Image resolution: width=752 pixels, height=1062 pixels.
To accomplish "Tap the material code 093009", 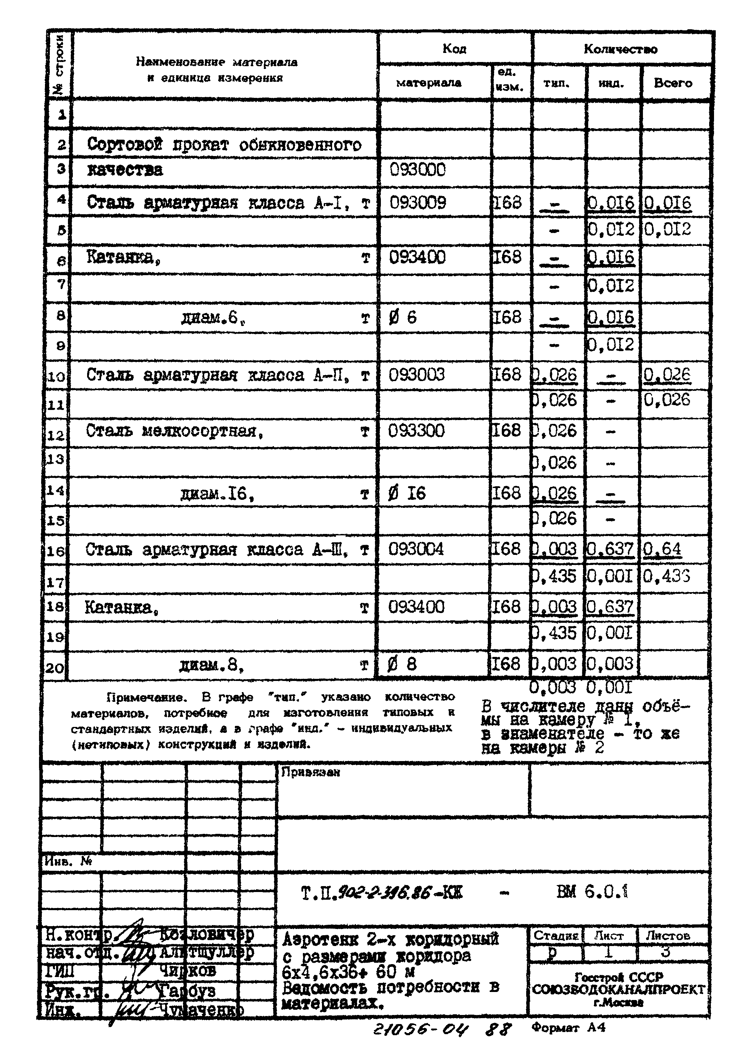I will tap(418, 203).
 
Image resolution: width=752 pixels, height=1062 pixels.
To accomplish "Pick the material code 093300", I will tap(416, 431).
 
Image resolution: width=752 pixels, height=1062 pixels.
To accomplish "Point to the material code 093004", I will tap(416, 549).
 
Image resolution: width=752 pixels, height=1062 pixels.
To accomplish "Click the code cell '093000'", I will tap(418, 170).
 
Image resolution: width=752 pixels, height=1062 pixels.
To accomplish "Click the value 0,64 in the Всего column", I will tap(662, 549).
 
